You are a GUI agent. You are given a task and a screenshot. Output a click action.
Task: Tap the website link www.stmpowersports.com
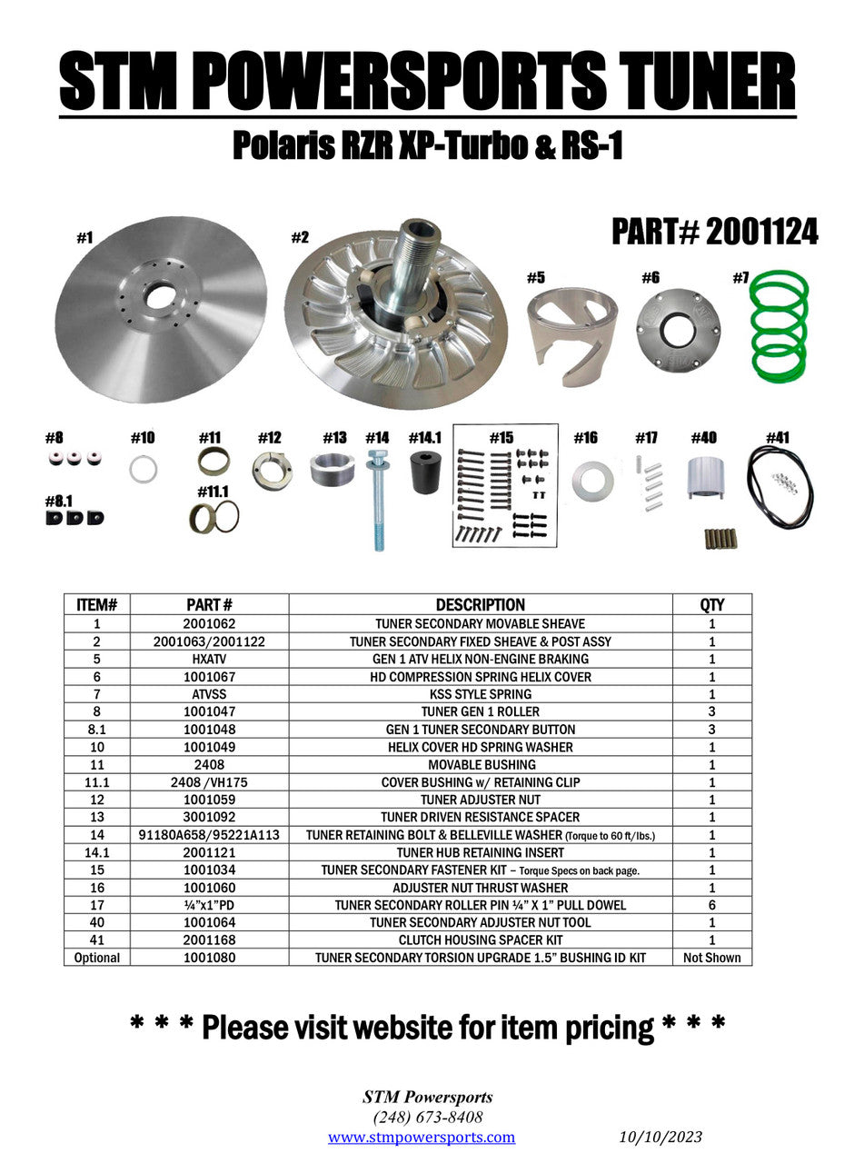coord(422,1138)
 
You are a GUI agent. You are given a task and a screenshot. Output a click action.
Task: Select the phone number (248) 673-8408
coord(427,1118)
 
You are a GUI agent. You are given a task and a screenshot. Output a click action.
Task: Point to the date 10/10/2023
coord(660,1138)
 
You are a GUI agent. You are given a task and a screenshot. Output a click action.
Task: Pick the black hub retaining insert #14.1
coord(425,472)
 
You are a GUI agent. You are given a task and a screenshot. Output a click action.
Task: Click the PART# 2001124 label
coord(714,233)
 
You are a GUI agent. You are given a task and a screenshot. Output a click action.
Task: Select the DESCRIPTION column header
coord(480,605)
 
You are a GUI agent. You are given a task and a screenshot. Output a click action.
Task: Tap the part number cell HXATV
coord(210,659)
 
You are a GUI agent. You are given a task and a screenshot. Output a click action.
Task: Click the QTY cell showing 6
coord(712,905)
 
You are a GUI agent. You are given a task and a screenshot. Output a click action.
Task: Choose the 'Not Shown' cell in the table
coord(712,958)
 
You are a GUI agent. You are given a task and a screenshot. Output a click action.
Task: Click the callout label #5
coord(536,278)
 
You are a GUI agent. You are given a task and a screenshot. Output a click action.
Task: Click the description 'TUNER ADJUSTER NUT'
coord(481,800)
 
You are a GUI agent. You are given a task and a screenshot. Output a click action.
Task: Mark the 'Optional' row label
coord(97,958)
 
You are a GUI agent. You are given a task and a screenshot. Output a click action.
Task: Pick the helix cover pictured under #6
coord(678,330)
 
